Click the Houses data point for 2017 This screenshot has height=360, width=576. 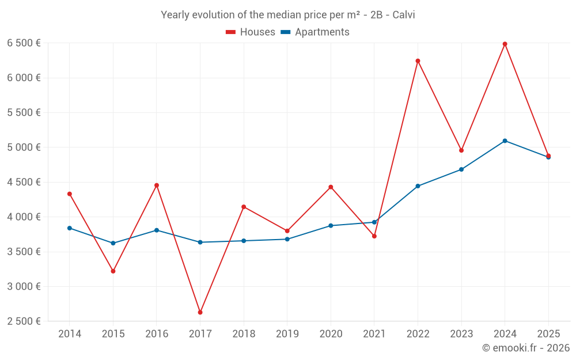(x=200, y=312)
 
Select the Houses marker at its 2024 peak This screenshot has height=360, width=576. (x=505, y=44)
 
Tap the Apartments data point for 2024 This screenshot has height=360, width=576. (x=505, y=141)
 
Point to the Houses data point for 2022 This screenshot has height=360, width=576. (x=418, y=61)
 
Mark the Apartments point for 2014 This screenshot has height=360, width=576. (x=70, y=228)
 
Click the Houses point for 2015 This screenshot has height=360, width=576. (x=113, y=271)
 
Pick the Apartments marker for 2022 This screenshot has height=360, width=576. (x=418, y=186)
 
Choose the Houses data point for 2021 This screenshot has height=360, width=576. (x=374, y=236)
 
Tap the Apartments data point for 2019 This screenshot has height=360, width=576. (x=287, y=239)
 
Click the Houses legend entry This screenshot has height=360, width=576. (x=251, y=32)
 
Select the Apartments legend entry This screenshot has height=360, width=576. (x=315, y=32)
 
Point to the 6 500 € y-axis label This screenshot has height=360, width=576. (x=24, y=43)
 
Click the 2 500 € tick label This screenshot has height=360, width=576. (x=24, y=321)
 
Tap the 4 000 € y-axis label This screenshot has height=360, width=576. (x=24, y=217)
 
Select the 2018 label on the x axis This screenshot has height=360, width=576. (x=244, y=334)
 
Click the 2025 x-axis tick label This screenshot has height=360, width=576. (x=548, y=334)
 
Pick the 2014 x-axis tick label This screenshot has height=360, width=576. (x=70, y=334)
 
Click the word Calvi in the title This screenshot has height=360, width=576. (x=404, y=15)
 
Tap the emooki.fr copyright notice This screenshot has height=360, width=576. (x=526, y=347)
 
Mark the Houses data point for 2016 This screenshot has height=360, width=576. (x=157, y=185)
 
